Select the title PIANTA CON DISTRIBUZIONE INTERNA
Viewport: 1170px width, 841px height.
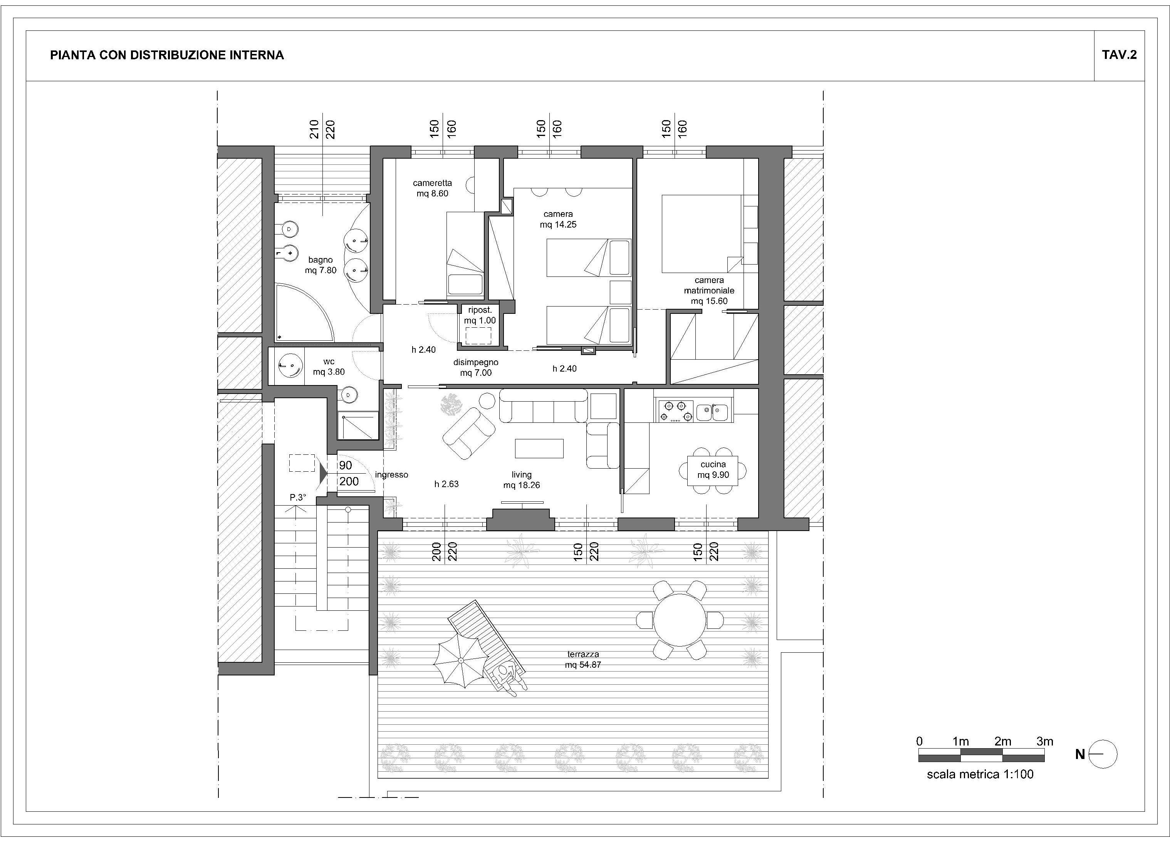(167, 55)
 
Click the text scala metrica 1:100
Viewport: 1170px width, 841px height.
(980, 774)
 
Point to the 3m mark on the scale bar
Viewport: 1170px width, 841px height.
(1045, 742)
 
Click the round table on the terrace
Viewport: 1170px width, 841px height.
(680, 619)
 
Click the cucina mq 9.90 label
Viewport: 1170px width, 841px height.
(713, 469)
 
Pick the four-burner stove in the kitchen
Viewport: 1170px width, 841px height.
(676, 411)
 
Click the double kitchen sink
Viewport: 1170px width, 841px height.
(712, 412)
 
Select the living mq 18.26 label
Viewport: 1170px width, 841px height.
(522, 479)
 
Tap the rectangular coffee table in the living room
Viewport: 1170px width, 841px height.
(539, 448)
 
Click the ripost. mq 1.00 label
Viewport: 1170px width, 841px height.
(480, 315)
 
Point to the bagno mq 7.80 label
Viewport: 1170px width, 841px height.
(321, 265)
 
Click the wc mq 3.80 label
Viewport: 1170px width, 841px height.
(329, 367)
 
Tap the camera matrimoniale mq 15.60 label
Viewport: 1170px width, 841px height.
(709, 290)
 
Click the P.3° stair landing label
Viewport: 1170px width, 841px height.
(298, 498)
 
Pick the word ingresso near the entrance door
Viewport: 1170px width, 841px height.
(391, 475)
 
